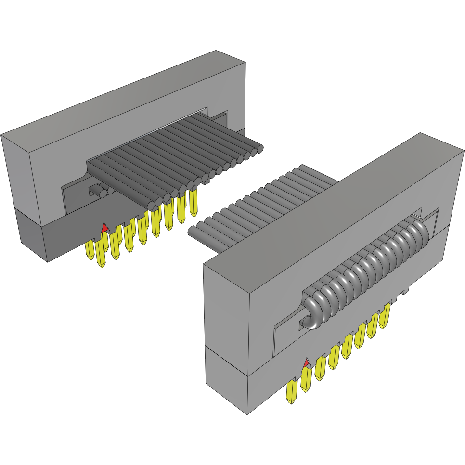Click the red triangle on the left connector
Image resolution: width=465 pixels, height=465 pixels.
point(104,228)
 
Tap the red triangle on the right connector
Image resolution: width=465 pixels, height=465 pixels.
point(306,362)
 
